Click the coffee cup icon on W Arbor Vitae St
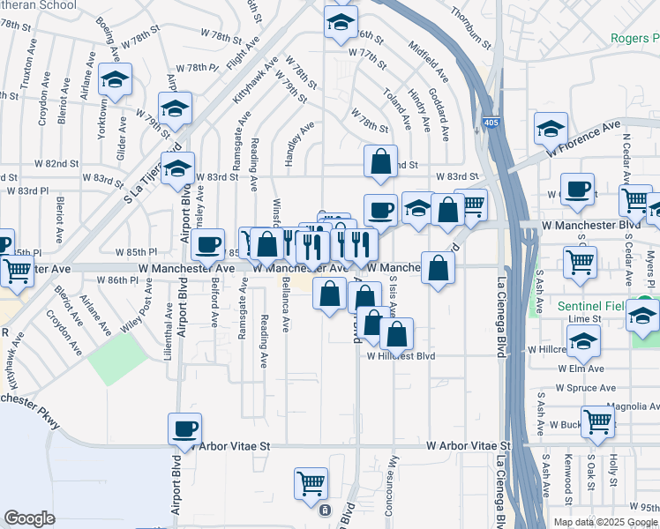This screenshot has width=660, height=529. (x=184, y=429)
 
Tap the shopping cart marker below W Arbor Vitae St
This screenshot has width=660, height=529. (x=311, y=483)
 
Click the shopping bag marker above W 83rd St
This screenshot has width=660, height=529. (x=380, y=161)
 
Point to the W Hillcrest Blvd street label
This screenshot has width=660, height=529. (x=401, y=356)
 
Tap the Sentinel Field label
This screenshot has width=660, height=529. (x=610, y=305)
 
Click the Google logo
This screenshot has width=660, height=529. (x=29, y=518)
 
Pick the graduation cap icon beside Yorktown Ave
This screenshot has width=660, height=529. (x=115, y=80)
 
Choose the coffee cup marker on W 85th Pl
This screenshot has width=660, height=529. (x=207, y=244)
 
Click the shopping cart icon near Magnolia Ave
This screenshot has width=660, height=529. (x=597, y=421)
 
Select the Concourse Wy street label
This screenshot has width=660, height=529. (x=394, y=481)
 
